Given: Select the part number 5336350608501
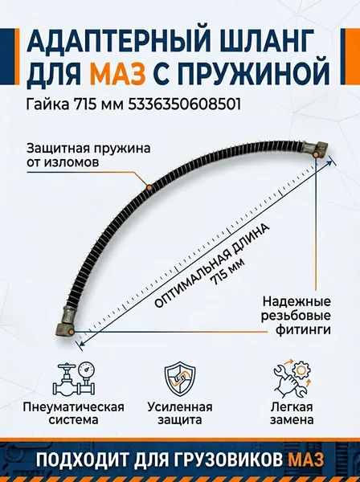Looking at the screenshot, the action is [x=184, y=105].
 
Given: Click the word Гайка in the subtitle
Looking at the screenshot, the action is [x=47, y=105].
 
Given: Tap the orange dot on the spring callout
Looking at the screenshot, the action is [x=149, y=187].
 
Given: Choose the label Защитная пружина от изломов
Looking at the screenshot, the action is [x=88, y=154].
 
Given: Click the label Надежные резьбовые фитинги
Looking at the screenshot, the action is [x=296, y=316].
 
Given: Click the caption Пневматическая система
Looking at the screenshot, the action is [x=73, y=414].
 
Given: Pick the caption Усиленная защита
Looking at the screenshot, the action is [x=180, y=414].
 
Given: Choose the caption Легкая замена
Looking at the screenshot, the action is [x=292, y=414].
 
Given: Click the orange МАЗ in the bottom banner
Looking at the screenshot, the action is [x=306, y=460].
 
